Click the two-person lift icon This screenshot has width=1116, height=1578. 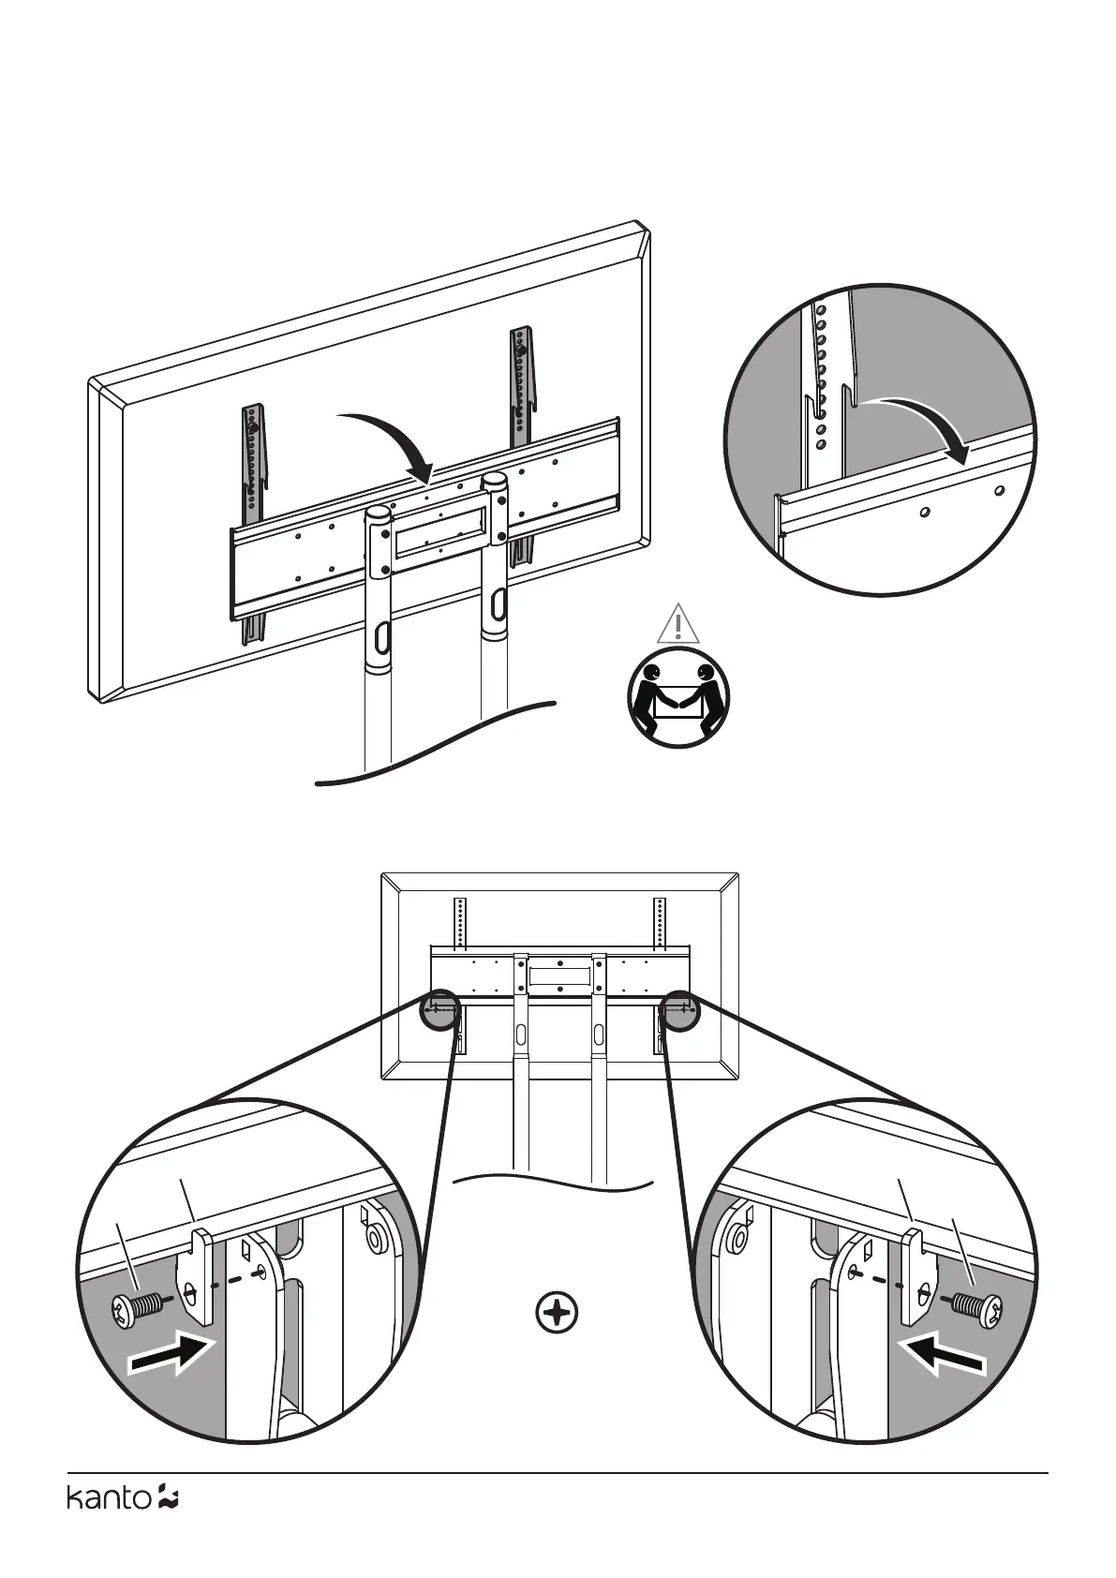tap(677, 696)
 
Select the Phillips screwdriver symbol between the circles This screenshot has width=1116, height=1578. tap(557, 1313)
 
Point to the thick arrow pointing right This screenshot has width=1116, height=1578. tap(173, 1355)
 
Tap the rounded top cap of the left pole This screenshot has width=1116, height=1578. tap(379, 514)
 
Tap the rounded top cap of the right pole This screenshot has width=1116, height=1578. tap(494, 482)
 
